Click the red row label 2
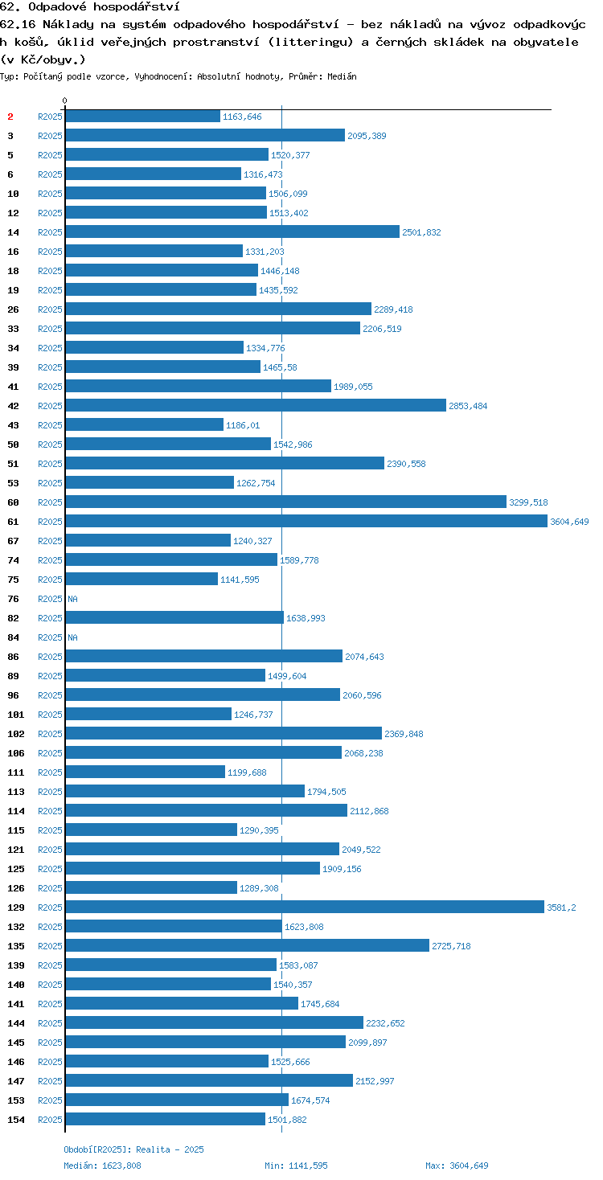(10, 117)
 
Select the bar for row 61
(306, 521)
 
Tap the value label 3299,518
(528, 502)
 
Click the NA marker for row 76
(72, 599)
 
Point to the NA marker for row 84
(72, 637)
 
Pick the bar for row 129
(305, 907)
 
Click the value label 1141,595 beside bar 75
(240, 580)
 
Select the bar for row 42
(256, 405)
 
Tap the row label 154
(16, 1120)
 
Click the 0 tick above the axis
(65, 100)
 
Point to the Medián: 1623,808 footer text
(102, 1166)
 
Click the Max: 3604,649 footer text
(457, 1166)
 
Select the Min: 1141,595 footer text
(296, 1166)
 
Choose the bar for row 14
(232, 231)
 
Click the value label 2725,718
(451, 945)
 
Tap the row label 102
(16, 734)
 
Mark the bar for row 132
(174, 926)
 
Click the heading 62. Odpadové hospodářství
(90, 7)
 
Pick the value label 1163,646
(242, 117)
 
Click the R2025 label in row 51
(50, 464)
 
